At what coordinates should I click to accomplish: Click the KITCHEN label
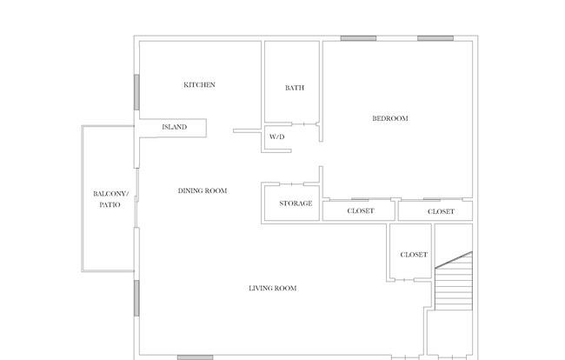click(x=199, y=84)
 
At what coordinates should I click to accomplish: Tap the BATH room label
click(x=295, y=88)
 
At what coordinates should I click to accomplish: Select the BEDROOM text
click(x=390, y=118)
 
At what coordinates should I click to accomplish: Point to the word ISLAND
click(x=175, y=127)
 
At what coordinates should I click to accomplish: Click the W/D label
click(x=276, y=137)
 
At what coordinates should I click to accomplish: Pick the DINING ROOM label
click(x=203, y=190)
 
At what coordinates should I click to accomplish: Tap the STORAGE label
click(x=296, y=203)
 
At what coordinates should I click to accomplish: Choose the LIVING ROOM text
click(x=273, y=288)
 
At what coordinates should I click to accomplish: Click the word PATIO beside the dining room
click(x=110, y=204)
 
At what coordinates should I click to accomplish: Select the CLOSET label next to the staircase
click(x=414, y=255)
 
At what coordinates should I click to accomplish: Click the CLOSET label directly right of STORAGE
click(x=361, y=210)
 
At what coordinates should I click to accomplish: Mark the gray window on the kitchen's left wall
click(x=136, y=92)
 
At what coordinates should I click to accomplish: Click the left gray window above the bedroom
click(x=358, y=38)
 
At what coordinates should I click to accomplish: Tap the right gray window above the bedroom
click(x=435, y=38)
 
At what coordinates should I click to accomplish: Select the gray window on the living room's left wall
click(x=136, y=298)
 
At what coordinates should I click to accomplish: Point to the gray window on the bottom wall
click(x=196, y=357)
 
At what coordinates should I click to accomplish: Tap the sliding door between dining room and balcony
click(x=136, y=197)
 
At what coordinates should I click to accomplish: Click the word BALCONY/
click(x=110, y=194)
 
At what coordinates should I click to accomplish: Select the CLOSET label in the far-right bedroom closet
click(x=441, y=211)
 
